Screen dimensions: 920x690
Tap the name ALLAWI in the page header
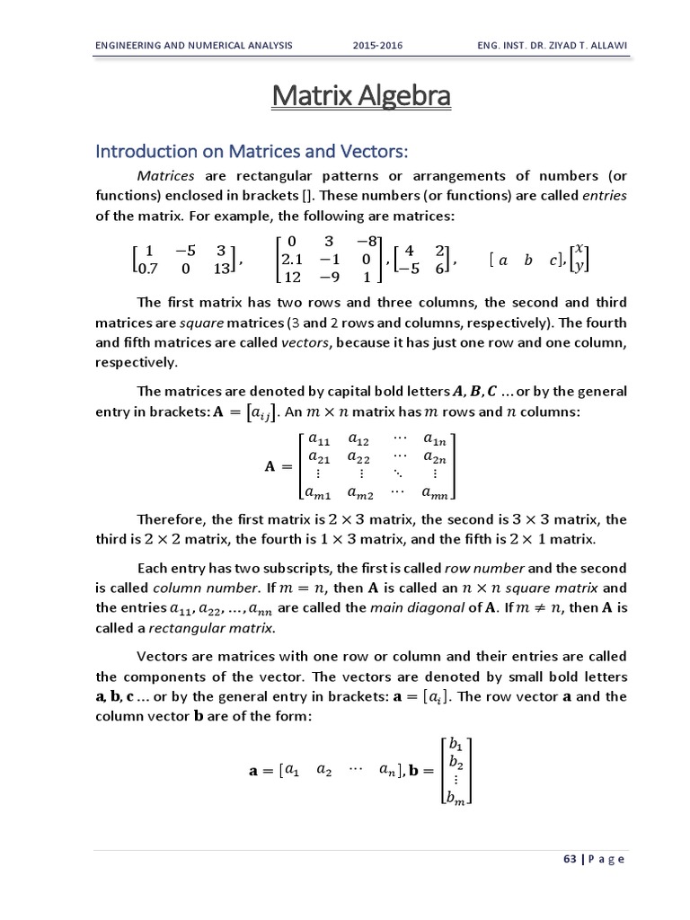(600, 44)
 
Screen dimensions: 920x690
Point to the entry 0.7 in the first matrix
(146, 267)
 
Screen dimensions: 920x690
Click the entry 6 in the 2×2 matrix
(440, 268)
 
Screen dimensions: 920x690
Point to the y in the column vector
(579, 267)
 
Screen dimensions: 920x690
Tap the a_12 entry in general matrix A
(358, 440)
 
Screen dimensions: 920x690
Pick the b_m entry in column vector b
(456, 795)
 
